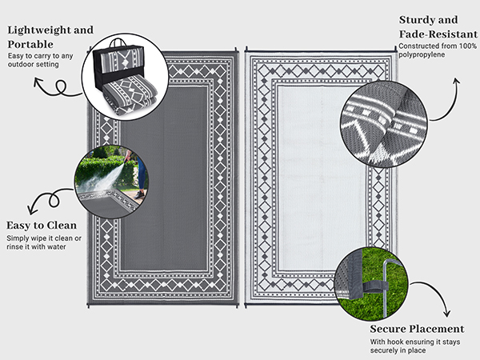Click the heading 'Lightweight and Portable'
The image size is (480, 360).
point(50,36)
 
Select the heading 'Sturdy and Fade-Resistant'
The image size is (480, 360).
point(433,26)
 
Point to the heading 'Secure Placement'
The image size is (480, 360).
point(417,329)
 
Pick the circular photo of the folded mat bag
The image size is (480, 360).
point(125,77)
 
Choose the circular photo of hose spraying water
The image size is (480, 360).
point(111,181)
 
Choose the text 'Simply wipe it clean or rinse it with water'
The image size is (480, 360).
point(43,242)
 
